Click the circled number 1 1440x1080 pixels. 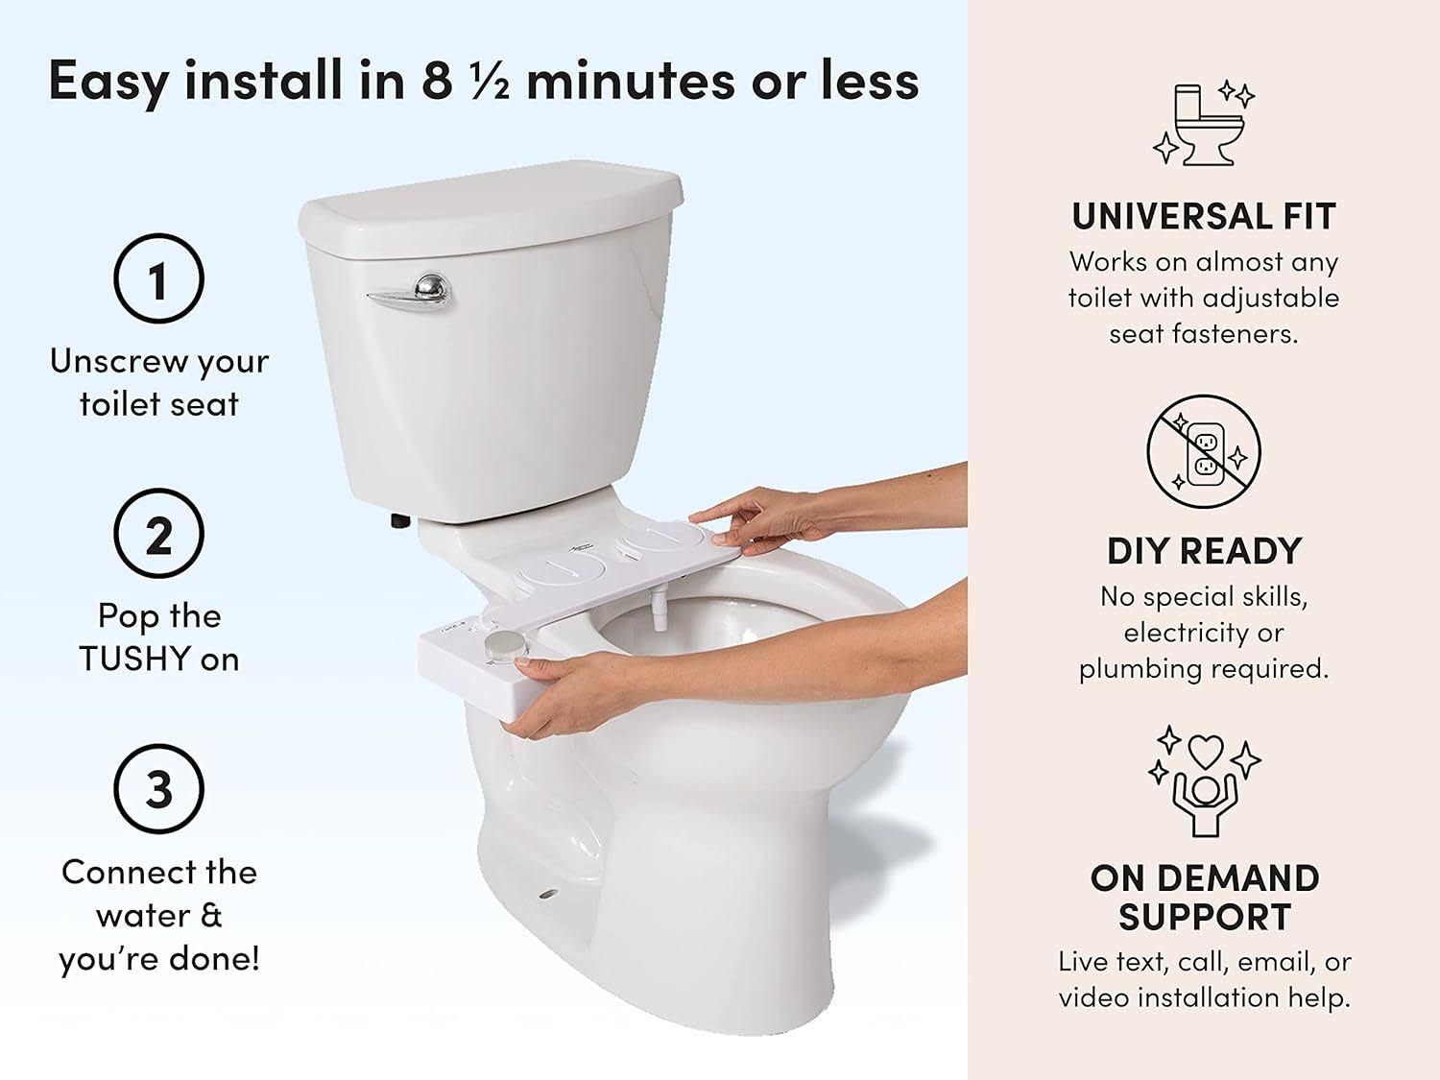pyautogui.click(x=158, y=278)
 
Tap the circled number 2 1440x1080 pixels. pyautogui.click(x=158, y=534)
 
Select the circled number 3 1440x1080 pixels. pyautogui.click(x=158, y=789)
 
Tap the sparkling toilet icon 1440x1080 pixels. pyautogui.click(x=1204, y=125)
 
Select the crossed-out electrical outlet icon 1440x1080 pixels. pyautogui.click(x=1204, y=451)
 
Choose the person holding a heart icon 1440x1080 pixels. pyautogui.click(x=1204, y=780)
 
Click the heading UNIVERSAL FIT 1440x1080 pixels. pyautogui.click(x=1204, y=217)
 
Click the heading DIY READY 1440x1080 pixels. pyautogui.click(x=1204, y=551)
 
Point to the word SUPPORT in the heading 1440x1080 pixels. pyautogui.click(x=1204, y=918)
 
